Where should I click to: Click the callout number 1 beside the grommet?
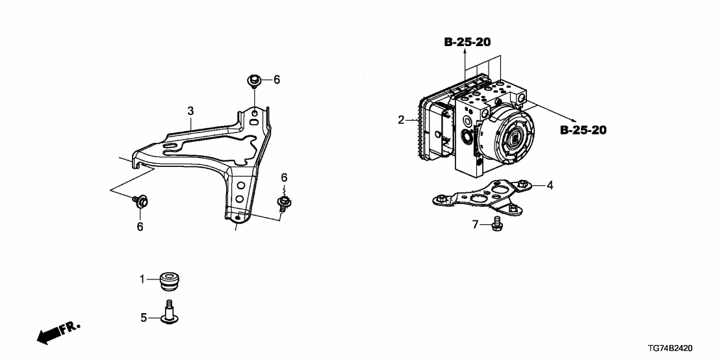click(x=142, y=279)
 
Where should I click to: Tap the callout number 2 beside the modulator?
click(x=402, y=120)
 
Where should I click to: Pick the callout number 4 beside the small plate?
click(x=550, y=185)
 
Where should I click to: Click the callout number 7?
click(x=474, y=225)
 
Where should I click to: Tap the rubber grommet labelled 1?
click(x=171, y=283)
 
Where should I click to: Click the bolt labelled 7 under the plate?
click(x=496, y=225)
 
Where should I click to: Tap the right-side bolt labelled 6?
click(x=283, y=203)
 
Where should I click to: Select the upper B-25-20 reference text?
click(x=467, y=42)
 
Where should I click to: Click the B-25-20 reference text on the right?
click(x=583, y=131)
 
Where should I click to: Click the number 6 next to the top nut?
click(x=276, y=80)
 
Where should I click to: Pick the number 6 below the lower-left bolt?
click(x=140, y=226)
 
